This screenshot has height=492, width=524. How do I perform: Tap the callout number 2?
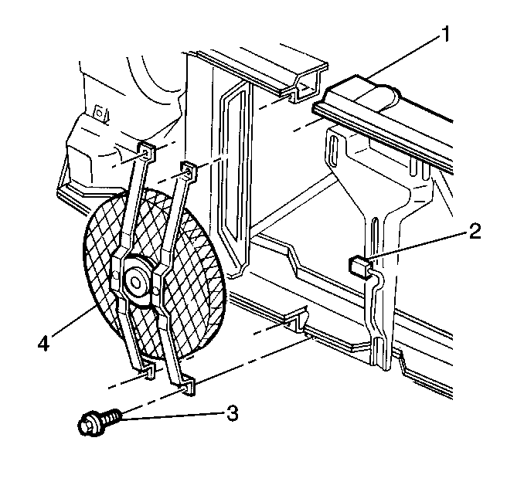click(x=475, y=232)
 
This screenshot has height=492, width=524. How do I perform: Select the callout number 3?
click(x=232, y=413)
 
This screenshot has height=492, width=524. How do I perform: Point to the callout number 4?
click(x=43, y=344)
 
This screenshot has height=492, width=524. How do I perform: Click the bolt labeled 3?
click(x=99, y=421)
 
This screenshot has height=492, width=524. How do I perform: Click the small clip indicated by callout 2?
click(x=359, y=264)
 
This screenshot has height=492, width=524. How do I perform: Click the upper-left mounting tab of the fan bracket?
click(x=147, y=152)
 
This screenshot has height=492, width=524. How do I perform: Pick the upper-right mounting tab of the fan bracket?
click(x=189, y=171)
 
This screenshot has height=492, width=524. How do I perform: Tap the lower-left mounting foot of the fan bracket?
click(x=148, y=372)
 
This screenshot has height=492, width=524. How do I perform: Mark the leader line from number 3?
click(x=172, y=416)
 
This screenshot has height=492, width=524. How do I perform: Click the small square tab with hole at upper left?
click(x=99, y=112)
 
